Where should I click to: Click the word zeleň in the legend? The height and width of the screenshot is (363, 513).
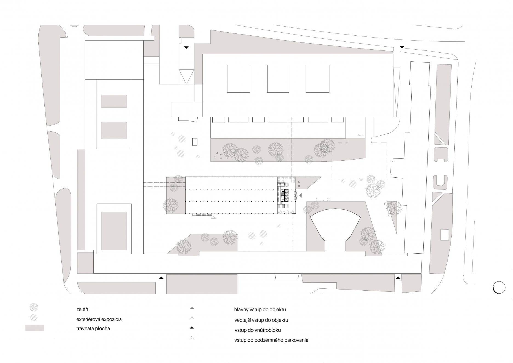(x=82, y=309)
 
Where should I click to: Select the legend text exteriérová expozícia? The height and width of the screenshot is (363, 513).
(x=99, y=319)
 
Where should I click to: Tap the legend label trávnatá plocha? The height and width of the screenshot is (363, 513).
(x=93, y=328)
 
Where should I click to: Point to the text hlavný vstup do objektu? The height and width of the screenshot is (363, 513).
(x=260, y=310)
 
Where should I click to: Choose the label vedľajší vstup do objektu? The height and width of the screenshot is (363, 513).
(x=261, y=320)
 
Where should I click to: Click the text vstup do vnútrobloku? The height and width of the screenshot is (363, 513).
(x=258, y=330)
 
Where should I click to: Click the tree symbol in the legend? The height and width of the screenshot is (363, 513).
(x=34, y=307)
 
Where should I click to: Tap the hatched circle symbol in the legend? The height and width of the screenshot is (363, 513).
(x=34, y=318)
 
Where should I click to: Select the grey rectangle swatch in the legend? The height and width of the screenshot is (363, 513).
(x=35, y=328)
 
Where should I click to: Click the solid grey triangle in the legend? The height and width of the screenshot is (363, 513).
(x=192, y=308)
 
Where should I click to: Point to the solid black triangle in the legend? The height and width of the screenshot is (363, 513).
(x=192, y=328)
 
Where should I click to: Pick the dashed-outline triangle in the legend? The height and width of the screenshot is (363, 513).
(x=192, y=338)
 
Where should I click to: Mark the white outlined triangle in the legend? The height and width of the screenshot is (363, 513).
(x=192, y=318)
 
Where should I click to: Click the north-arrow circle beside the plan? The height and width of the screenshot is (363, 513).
(x=499, y=288)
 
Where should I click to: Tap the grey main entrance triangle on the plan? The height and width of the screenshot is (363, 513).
(x=301, y=195)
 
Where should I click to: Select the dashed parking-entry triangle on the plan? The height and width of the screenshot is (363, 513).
(x=360, y=135)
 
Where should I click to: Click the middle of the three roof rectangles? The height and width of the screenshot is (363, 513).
(x=278, y=79)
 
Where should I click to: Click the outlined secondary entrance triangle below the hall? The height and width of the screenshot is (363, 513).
(x=213, y=218)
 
